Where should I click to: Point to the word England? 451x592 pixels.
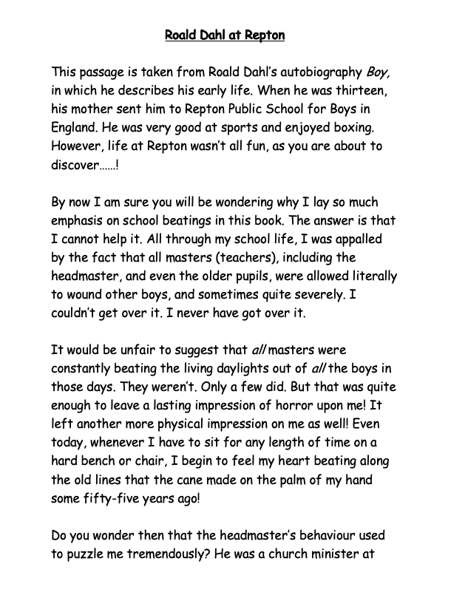coord(75,127)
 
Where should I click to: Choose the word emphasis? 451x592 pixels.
coord(79,219)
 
